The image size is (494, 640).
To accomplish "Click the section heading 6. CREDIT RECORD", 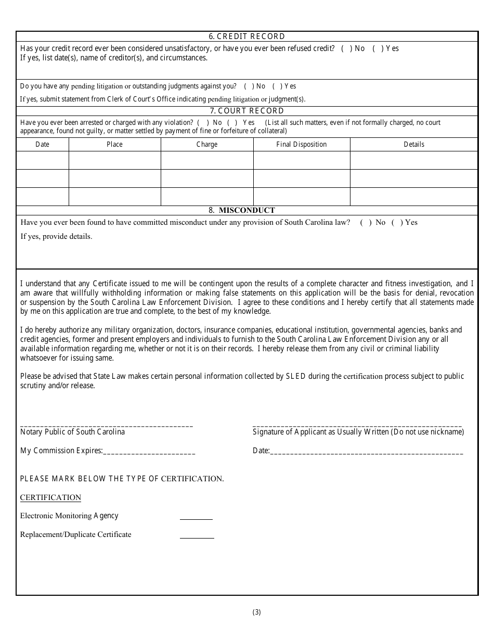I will [247, 36].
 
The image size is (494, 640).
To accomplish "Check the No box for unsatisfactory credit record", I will [346, 48].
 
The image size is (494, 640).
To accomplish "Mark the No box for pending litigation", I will [249, 86].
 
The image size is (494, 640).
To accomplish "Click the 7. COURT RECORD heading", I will [247, 111].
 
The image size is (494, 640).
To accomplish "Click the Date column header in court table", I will [43, 145].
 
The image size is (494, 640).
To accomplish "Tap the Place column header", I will [114, 145].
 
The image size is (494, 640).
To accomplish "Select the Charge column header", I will [207, 145].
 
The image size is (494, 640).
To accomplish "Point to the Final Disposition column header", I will [302, 145].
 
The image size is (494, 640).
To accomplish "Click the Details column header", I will [414, 145].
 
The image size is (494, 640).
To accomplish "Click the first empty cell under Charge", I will [207, 160].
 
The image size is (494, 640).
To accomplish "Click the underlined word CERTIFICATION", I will [50, 497].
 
